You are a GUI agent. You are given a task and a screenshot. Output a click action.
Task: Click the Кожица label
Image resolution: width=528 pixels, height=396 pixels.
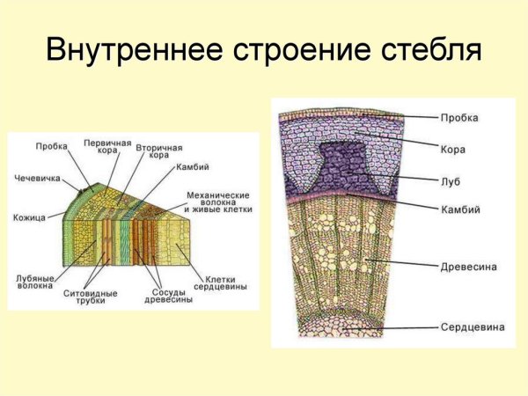click(29, 216)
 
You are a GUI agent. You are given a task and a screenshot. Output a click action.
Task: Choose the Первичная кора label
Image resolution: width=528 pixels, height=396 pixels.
click(107, 146)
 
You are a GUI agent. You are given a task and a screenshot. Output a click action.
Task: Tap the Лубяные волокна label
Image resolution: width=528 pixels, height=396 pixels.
click(35, 282)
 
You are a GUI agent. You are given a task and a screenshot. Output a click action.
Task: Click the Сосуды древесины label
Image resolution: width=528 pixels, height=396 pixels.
click(168, 297)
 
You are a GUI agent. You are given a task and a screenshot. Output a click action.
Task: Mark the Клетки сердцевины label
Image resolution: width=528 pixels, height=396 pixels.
click(219, 282)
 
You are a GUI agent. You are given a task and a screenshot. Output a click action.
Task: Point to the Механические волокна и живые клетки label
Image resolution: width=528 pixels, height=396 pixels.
click(218, 202)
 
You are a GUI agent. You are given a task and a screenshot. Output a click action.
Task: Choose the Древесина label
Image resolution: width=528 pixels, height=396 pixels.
click(467, 263)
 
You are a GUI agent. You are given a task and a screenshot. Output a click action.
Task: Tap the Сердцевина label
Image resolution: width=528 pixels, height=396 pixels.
click(473, 326)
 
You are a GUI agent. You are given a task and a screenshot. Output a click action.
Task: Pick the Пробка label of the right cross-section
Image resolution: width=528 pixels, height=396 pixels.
click(458, 116)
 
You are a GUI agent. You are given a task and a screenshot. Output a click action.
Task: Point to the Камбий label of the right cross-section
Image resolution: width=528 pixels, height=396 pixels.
click(459, 209)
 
